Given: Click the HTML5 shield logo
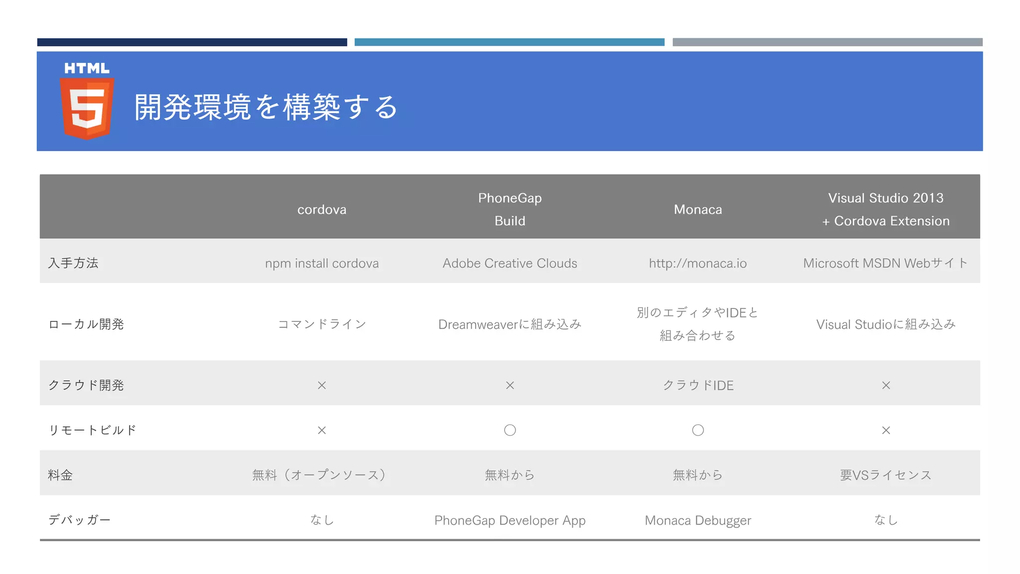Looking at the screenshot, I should point(87,102).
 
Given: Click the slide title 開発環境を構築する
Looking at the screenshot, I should point(266,107).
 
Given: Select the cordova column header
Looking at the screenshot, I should point(322,210).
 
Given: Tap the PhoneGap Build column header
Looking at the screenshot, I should point(510,209).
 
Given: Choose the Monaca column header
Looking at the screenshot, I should point(698,210).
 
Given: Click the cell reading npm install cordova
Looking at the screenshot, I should point(322,263).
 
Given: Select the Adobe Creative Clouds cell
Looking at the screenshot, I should point(510,263).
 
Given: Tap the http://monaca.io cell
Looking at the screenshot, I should point(698,263).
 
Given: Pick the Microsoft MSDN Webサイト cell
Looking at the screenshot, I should point(885,263).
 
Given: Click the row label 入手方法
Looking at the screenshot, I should point(73,263).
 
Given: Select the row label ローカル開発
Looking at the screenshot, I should point(86,324).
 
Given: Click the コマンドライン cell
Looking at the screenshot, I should point(322,324).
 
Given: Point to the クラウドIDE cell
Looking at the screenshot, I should point(698,385).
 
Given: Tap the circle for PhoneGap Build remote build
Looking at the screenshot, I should point(510,430).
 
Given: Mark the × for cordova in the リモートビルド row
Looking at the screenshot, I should point(322,430).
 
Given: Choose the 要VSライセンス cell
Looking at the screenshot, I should point(886,475).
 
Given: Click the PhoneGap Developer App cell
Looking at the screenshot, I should point(510,520).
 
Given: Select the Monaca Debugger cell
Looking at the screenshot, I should point(698,520).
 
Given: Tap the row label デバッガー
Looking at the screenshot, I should point(79,520).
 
